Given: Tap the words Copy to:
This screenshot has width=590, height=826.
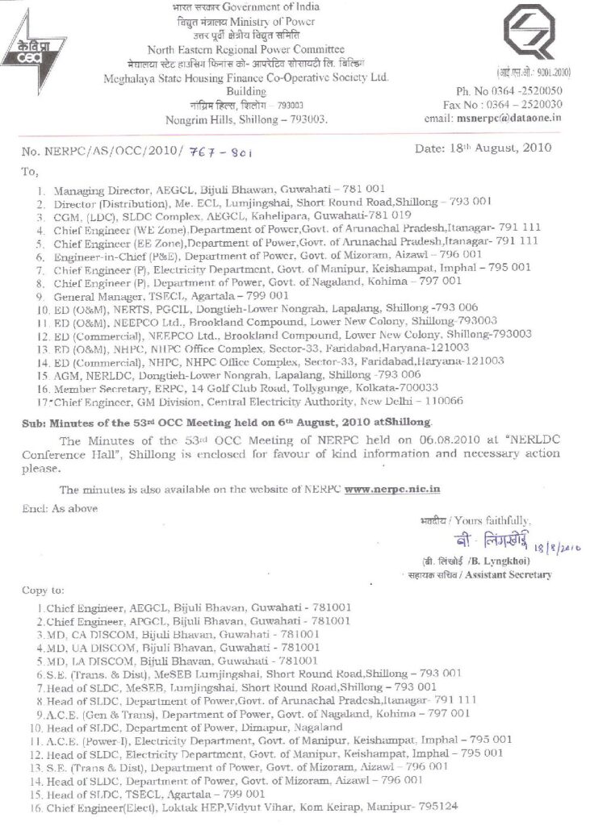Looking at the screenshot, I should (44, 590).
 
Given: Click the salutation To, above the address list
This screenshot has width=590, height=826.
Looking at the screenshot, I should (29, 172).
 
